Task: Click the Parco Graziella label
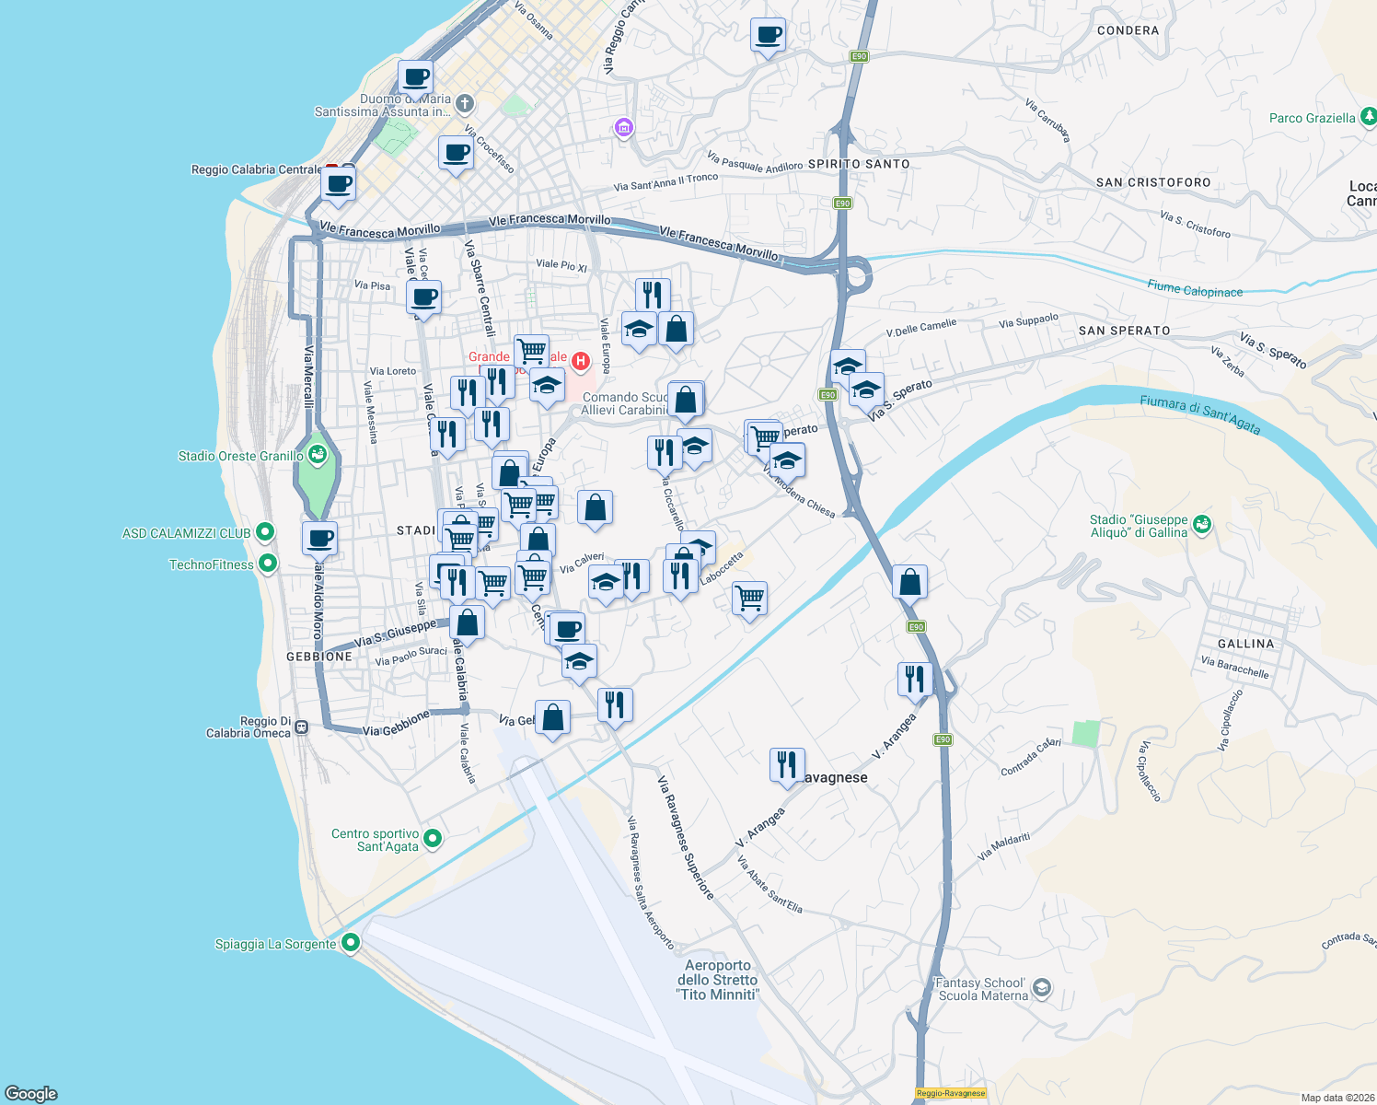(x=1312, y=118)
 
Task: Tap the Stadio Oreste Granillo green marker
(x=318, y=455)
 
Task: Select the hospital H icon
(x=581, y=361)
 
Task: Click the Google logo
(x=30, y=1093)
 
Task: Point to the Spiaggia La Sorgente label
(x=275, y=944)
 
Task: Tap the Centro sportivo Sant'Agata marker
(x=433, y=839)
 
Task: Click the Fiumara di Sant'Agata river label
(x=1199, y=413)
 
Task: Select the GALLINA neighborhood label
(x=1245, y=644)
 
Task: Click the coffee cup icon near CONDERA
(x=768, y=36)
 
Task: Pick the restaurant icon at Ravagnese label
(x=787, y=765)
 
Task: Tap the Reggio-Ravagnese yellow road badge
(x=951, y=1093)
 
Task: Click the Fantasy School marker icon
(x=1041, y=989)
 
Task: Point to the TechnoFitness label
(x=211, y=564)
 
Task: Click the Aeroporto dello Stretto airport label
(x=718, y=980)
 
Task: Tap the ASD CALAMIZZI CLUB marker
(x=265, y=532)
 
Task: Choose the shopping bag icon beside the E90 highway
(x=909, y=582)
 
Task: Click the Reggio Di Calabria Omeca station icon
(x=301, y=727)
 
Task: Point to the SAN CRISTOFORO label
(x=1153, y=182)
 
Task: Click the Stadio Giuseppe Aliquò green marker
(x=1201, y=525)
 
